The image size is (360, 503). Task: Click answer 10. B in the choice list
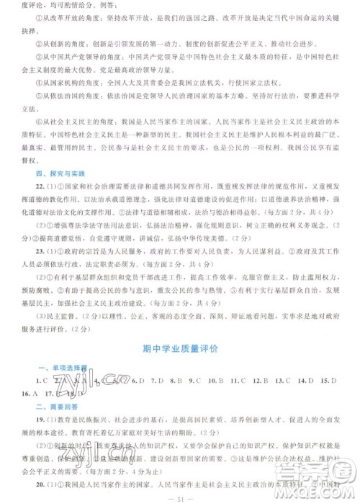(x=215, y=380)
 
